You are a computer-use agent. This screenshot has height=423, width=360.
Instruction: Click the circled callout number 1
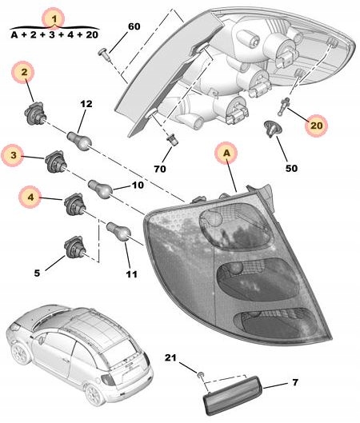tap(54, 18)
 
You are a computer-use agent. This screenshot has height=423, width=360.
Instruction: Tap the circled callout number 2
tap(23, 72)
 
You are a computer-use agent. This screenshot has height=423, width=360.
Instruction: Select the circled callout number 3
tap(13, 155)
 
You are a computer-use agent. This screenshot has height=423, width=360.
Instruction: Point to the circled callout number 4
tap(30, 197)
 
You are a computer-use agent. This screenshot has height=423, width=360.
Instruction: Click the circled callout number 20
tap(316, 126)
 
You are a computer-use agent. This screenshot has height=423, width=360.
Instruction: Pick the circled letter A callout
tap(226, 154)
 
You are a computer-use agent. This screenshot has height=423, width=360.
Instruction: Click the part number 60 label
tap(134, 26)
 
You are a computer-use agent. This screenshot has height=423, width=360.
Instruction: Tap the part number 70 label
tap(160, 169)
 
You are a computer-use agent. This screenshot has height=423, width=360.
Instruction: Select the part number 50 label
tap(291, 168)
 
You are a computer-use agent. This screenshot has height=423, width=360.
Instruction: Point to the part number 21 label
tap(170, 357)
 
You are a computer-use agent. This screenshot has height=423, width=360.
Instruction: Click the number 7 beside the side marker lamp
tap(295, 382)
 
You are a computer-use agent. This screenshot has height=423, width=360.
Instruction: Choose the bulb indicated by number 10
tap(101, 189)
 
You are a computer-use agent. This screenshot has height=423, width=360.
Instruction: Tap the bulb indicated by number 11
tap(118, 231)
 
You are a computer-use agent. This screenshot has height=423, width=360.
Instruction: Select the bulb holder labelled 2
tap(36, 114)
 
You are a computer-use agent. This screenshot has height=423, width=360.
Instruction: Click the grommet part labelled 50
tap(272, 129)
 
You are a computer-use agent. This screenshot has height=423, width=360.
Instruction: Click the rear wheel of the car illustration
tap(93, 394)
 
